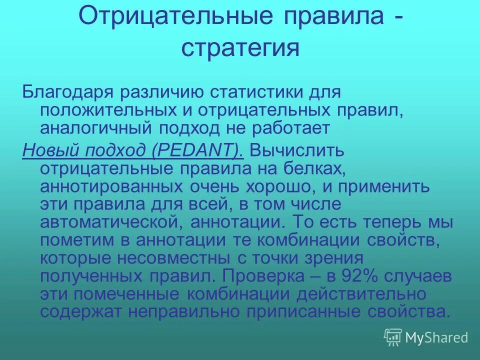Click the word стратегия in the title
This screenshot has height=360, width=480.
point(240,49)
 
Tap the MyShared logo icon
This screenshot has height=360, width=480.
point(393,337)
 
